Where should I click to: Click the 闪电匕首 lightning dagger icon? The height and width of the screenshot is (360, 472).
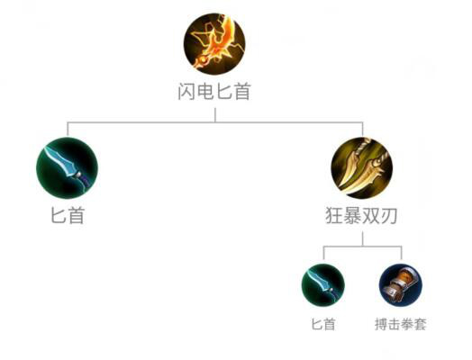click(214, 44)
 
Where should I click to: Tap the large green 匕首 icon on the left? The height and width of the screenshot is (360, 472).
click(67, 167)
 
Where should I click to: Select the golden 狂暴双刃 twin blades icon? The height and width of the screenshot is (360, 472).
click(362, 167)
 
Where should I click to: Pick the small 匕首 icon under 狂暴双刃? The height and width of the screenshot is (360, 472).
click(323, 284)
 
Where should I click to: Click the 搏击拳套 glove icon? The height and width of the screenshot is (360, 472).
click(401, 284)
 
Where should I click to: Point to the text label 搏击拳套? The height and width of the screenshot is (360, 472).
click(401, 324)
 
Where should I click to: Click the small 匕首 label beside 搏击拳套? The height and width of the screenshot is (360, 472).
click(323, 324)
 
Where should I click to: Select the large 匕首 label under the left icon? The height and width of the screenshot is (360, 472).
click(68, 216)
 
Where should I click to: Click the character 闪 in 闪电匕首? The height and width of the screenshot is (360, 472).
click(186, 92)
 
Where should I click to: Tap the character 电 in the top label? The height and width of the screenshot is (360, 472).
click(205, 92)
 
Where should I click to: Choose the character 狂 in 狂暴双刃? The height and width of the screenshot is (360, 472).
click(334, 216)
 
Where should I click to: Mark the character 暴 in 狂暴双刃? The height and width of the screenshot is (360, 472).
click(352, 216)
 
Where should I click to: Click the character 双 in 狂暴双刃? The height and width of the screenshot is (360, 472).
click(370, 216)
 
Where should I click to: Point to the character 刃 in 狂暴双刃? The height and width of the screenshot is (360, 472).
click(388, 216)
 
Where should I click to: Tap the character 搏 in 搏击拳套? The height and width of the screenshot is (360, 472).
click(381, 324)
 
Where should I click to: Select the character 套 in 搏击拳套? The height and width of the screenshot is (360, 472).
click(421, 324)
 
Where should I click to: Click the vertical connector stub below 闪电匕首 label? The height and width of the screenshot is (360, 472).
click(215, 115)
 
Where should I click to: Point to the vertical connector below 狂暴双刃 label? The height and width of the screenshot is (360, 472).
click(362, 239)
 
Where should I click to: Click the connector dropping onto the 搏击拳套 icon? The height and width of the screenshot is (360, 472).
click(401, 253)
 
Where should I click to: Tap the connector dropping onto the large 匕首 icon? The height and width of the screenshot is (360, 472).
click(68, 129)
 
